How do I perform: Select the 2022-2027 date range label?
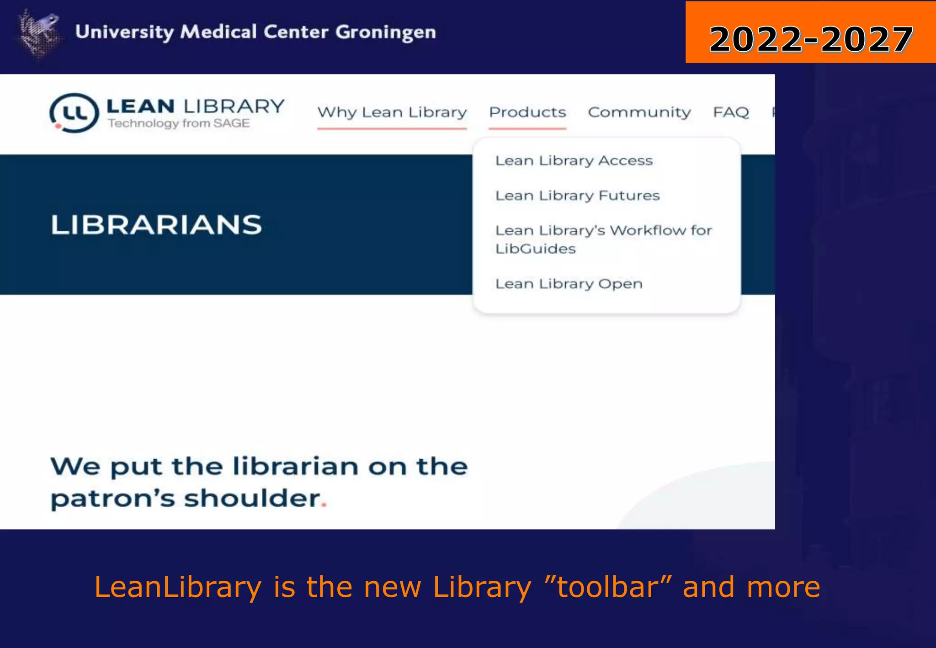tap(811, 39)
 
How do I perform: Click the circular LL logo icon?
tap(74, 113)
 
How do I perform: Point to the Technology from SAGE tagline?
tap(179, 123)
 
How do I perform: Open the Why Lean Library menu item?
tap(392, 112)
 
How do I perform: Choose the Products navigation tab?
tap(527, 112)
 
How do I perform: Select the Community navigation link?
tap(639, 112)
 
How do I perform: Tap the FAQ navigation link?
tap(731, 112)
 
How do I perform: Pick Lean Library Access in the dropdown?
tap(574, 161)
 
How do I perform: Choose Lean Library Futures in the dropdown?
tap(578, 196)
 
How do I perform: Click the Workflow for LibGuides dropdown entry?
tap(603, 239)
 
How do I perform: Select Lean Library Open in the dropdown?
tap(569, 284)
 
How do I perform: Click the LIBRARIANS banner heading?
tap(156, 225)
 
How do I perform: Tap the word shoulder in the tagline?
tap(252, 498)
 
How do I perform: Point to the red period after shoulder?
tap(324, 505)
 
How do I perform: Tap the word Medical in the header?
tap(218, 32)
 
